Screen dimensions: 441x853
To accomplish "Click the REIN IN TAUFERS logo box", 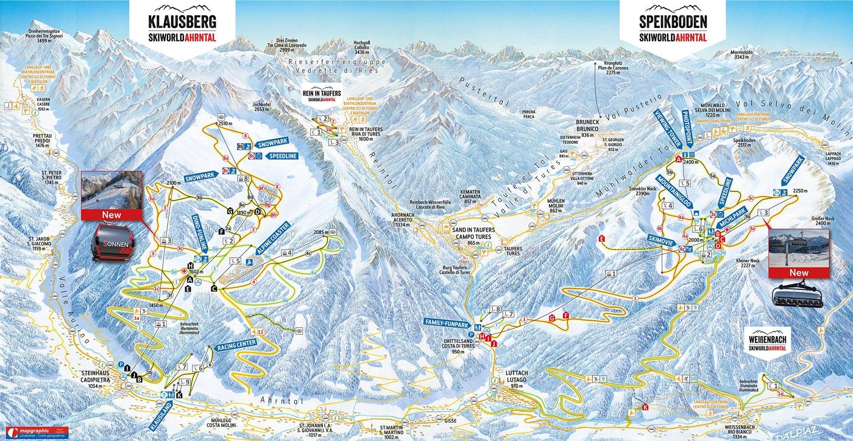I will pos(322,94).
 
